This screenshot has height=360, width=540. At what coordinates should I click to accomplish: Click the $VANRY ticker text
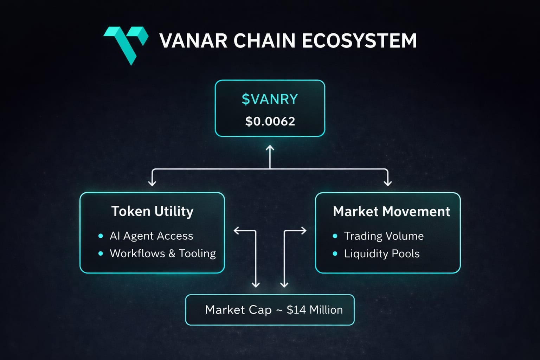[x=270, y=99]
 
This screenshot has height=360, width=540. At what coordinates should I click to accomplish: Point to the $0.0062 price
[x=270, y=121]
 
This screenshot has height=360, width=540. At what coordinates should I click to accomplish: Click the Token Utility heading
[x=152, y=211]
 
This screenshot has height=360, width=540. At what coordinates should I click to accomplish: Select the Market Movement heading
[x=391, y=212]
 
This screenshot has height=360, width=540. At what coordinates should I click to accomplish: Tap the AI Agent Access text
[x=151, y=236]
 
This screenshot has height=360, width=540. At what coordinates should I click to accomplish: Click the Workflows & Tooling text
[x=162, y=253]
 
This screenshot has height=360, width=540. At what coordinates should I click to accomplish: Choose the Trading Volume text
[x=384, y=236]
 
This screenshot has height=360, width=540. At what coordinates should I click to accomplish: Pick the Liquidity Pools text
[x=381, y=254]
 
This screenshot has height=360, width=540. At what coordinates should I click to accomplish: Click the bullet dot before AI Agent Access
[x=101, y=236]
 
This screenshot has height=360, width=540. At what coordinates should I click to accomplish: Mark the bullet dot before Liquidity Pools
[x=335, y=254]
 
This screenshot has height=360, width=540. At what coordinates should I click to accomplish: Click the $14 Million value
[x=315, y=310]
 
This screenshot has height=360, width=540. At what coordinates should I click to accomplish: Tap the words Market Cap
[x=238, y=310]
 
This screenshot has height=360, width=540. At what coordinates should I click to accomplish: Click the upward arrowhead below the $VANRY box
[x=270, y=148]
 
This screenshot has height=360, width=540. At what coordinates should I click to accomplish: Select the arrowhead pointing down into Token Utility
[x=152, y=182]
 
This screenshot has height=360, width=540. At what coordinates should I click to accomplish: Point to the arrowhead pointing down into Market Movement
[x=387, y=182]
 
